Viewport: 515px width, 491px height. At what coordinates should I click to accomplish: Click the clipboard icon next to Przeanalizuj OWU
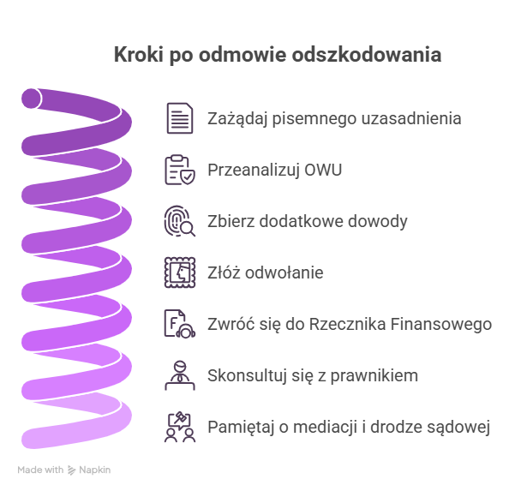tap(180, 170)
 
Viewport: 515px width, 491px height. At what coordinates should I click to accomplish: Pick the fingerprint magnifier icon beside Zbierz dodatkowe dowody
tap(180, 221)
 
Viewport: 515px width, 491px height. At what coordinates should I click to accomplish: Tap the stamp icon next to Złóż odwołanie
tap(180, 272)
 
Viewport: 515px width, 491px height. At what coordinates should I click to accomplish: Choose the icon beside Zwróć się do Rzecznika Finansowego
tap(180, 324)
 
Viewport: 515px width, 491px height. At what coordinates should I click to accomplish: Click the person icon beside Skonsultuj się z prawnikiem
tap(180, 375)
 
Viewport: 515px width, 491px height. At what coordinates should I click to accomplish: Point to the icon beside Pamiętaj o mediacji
tap(180, 427)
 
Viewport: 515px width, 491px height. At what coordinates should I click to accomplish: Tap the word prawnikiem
tap(368, 375)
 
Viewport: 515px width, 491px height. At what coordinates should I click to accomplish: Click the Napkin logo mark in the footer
tap(71, 470)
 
